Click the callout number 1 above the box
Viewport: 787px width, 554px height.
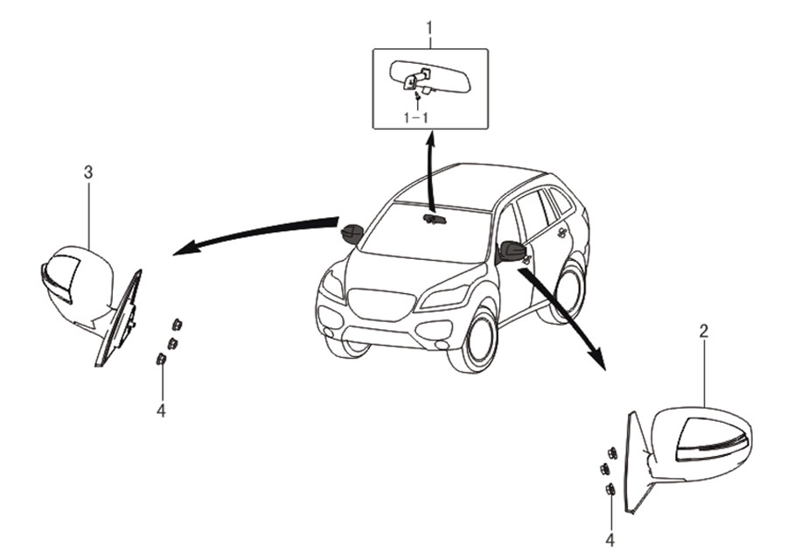point(429,28)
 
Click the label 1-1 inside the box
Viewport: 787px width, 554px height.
point(416,117)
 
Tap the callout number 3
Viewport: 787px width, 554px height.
point(88,172)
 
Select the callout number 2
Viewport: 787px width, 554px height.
point(704,331)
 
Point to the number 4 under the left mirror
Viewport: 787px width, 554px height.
point(161,410)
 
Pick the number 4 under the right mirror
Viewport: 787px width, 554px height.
point(609,541)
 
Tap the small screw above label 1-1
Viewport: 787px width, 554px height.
point(417,95)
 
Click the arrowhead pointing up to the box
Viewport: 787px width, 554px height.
point(430,137)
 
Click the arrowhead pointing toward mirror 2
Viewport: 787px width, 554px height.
point(597,360)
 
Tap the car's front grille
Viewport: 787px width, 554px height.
point(381,304)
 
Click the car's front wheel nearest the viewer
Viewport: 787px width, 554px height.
point(473,341)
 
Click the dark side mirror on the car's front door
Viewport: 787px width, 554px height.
point(512,250)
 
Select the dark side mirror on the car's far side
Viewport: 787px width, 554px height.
point(352,233)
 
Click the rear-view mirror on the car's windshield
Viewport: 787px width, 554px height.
point(435,218)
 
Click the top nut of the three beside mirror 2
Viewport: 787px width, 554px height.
point(612,453)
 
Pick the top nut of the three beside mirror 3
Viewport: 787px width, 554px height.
point(177,325)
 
